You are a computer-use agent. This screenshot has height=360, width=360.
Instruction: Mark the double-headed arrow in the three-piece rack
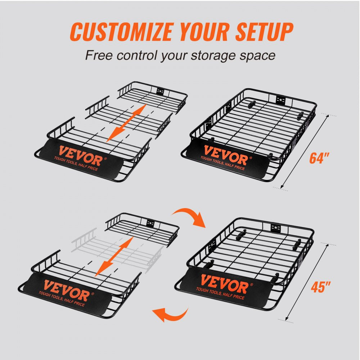[x=129, y=122]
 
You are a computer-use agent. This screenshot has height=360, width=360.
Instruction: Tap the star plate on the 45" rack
[x=276, y=228]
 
